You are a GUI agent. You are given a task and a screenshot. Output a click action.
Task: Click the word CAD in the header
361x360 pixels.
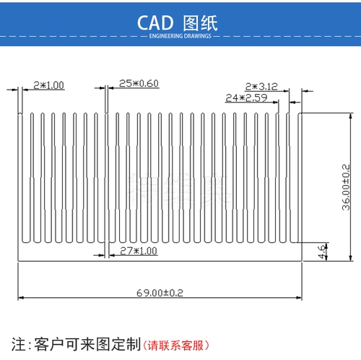point(155,23)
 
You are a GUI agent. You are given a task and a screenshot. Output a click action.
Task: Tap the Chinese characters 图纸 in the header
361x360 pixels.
point(200,23)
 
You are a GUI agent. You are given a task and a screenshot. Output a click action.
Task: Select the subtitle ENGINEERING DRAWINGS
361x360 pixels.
point(180,36)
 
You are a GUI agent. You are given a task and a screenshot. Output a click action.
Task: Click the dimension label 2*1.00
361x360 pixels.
point(49,85)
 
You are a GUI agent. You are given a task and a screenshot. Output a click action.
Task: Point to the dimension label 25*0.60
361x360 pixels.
point(139,83)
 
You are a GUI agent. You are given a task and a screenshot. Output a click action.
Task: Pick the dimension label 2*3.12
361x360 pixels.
point(261,87)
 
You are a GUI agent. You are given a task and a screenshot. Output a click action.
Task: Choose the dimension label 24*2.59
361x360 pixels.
point(246,98)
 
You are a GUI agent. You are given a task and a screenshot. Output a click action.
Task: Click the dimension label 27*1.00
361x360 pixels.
point(139,251)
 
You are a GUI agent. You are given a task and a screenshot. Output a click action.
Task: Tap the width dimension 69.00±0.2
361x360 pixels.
point(160,293)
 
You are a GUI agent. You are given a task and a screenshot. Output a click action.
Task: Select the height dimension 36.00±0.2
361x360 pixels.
point(346,187)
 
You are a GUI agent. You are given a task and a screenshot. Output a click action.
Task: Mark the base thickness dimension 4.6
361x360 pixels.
point(322,252)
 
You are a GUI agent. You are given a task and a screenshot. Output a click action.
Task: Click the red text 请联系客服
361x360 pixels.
point(175,346)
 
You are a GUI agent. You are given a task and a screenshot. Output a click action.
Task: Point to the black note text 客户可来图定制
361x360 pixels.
point(87,344)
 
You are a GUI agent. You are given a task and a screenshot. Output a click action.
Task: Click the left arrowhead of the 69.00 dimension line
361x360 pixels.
point(21,298)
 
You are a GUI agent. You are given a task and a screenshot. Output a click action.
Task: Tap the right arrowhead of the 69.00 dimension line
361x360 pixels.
point(299,298)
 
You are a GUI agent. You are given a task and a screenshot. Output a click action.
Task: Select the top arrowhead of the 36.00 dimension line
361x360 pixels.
point(351,116)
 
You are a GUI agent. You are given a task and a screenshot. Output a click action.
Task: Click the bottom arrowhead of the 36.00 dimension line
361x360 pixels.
point(351,258)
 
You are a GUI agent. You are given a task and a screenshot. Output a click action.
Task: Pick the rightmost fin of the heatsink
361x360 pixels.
point(300,178)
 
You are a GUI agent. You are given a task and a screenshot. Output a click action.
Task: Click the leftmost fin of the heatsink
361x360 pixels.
point(20,178)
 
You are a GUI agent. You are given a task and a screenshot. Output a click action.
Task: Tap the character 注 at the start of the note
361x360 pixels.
point(19,344)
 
